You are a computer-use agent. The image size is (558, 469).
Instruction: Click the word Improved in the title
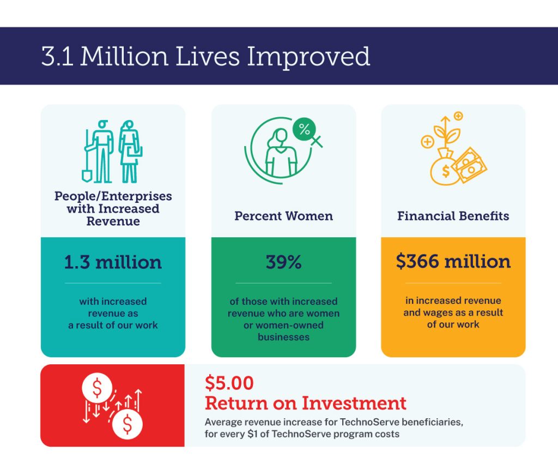coord(308,57)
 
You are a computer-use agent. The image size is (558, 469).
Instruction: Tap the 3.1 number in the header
coord(57,56)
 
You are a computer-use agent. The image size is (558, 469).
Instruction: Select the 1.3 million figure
coord(113,262)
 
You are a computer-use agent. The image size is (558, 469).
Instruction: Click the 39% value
coord(283,262)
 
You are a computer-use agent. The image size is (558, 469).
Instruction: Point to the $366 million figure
coord(453,261)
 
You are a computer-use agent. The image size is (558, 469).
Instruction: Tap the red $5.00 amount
coord(229,383)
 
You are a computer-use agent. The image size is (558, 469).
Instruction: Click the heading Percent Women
coord(283,216)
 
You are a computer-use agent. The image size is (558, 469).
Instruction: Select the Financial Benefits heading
coord(453,216)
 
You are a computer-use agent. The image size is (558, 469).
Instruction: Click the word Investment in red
coord(354,403)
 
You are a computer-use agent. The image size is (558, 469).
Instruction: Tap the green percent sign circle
coord(304,129)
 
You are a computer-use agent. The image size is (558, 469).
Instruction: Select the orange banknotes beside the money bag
coord(469,165)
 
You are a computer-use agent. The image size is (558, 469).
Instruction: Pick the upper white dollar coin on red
coord(97,388)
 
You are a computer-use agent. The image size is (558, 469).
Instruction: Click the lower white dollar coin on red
coord(128,424)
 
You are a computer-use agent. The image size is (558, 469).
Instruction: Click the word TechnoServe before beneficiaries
coord(369,422)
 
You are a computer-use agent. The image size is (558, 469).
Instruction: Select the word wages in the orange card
coord(435,312)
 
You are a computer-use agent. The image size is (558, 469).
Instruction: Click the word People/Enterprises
coord(113,196)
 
